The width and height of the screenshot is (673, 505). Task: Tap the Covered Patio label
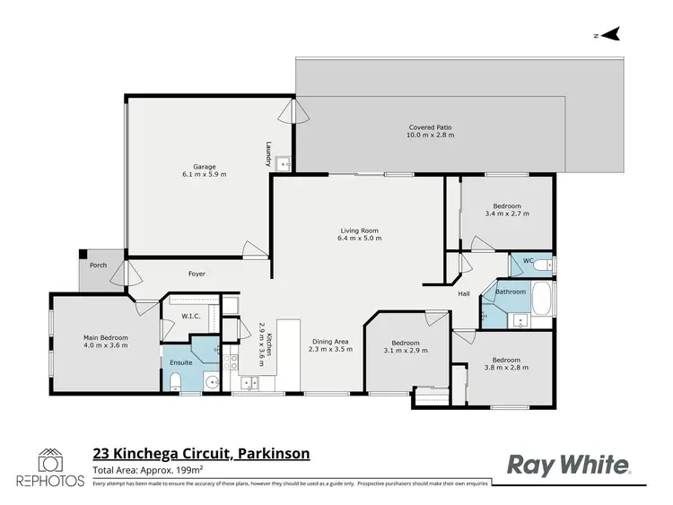431,132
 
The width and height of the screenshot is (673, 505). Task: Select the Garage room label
205,170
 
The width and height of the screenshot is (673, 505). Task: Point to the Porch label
98,265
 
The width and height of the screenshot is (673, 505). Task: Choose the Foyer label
197,274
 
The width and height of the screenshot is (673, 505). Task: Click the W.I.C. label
190,316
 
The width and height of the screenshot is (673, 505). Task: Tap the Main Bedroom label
106,342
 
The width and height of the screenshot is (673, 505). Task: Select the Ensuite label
180,362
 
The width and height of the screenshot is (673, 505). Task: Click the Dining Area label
330,344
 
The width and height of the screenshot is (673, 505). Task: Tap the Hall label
464,293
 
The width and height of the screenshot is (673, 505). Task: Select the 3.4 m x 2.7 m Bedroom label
506,209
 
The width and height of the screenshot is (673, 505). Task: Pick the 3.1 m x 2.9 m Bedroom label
405,346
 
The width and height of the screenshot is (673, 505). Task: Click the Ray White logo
570,464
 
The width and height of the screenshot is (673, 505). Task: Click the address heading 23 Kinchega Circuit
201,454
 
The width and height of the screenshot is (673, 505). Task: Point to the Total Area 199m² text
149,470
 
